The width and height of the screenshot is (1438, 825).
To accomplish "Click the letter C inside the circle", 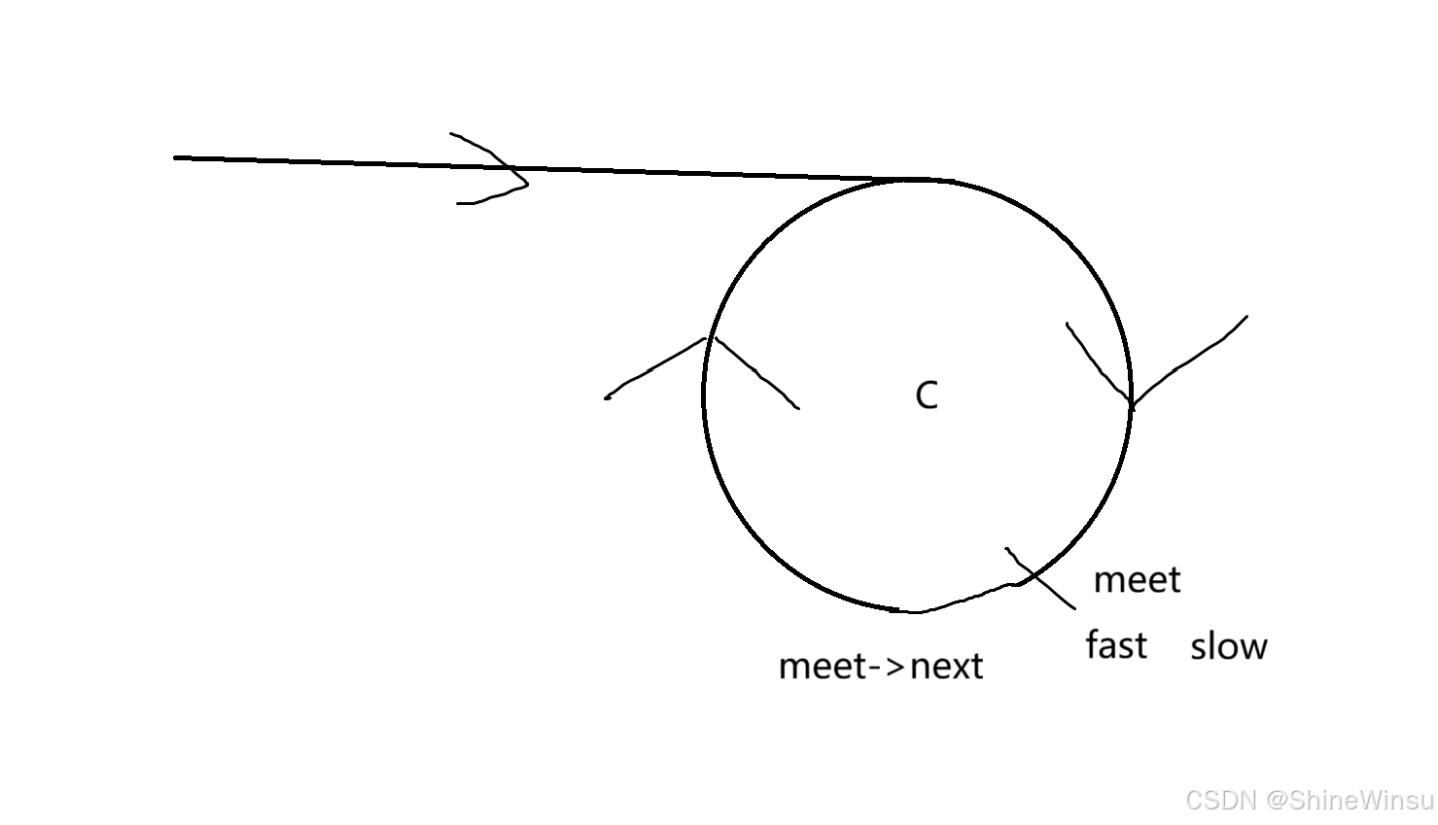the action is tap(927, 395).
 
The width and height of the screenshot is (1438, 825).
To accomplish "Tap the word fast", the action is tap(1115, 645).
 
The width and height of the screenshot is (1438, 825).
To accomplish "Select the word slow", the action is tap(1229, 646).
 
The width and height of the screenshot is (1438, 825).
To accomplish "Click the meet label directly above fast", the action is tap(1137, 580).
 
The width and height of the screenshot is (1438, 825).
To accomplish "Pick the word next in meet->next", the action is tap(946, 667).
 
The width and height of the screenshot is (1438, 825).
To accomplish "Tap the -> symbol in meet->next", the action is tap(889, 667).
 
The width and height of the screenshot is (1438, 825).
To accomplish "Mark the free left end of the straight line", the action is tap(176, 156).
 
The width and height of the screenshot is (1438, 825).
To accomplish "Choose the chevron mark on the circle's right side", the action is tap(1132, 401).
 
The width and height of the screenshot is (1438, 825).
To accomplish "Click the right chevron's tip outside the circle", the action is tap(1246, 316).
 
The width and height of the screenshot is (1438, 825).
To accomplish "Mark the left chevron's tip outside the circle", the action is tap(607, 397).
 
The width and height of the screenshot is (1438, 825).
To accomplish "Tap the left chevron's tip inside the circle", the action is tap(798, 408).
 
